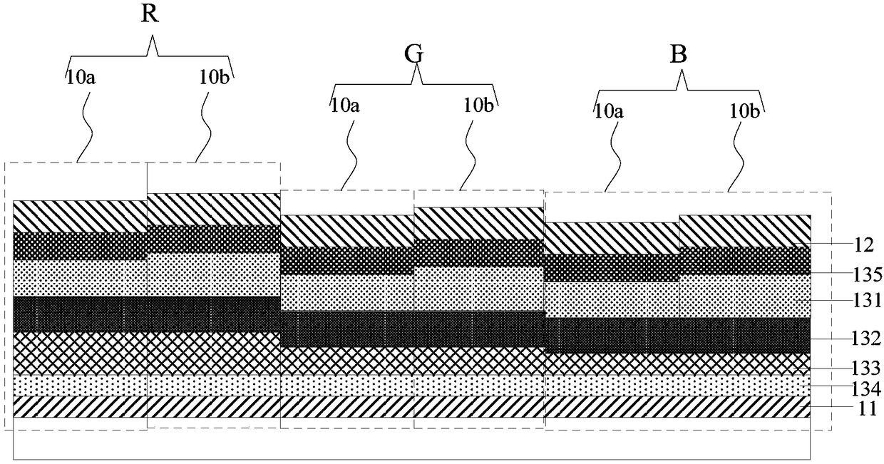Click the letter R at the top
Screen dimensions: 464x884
click(150, 16)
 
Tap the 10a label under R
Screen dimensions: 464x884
click(81, 78)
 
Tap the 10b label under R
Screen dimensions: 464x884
click(215, 78)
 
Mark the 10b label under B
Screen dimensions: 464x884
click(744, 111)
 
